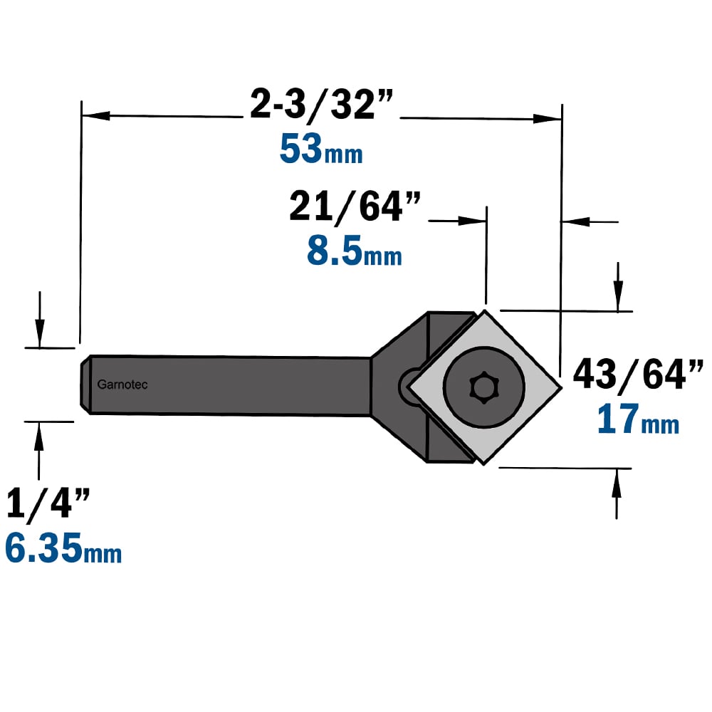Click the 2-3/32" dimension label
321,105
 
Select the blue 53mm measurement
321,149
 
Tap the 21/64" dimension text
355,207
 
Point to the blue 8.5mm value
354,250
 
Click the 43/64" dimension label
638,375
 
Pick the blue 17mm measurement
638,419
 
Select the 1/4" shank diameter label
48,503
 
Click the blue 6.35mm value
63,548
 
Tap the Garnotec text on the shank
122,384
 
